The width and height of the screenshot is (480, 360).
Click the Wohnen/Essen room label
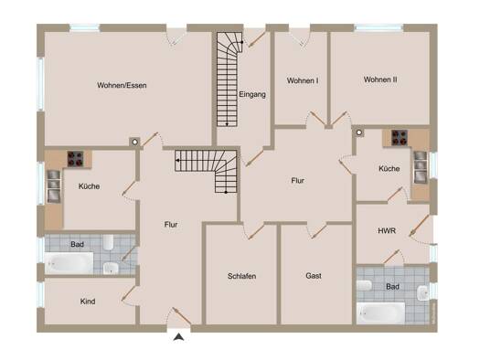pos(122,85)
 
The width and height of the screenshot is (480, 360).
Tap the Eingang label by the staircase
pos(252,94)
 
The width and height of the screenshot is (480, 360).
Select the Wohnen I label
pos(303,80)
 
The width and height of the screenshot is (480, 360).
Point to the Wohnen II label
pos(380,79)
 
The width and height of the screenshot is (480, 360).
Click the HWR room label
pos(387,230)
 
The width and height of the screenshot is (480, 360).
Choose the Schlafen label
pos(242,276)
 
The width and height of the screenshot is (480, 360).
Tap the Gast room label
pos(314,276)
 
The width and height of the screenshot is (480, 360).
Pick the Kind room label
pos(88,302)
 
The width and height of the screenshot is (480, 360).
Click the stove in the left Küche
pos(75,159)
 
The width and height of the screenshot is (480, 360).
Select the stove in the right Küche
pos(400,138)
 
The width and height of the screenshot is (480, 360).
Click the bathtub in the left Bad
pos(69,263)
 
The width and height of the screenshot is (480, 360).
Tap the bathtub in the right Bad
pos(381,313)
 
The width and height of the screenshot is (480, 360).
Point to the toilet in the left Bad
pos(109,242)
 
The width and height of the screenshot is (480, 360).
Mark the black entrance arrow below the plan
pos(179,337)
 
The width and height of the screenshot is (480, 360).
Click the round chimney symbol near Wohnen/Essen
pos(135,143)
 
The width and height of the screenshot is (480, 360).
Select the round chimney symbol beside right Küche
pos(359,132)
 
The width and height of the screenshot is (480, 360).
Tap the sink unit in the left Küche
pos(54,186)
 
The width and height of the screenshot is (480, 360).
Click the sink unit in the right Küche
pos(421,167)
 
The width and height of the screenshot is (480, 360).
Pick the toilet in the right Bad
pos(364,286)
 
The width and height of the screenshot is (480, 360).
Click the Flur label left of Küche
pos(297,181)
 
